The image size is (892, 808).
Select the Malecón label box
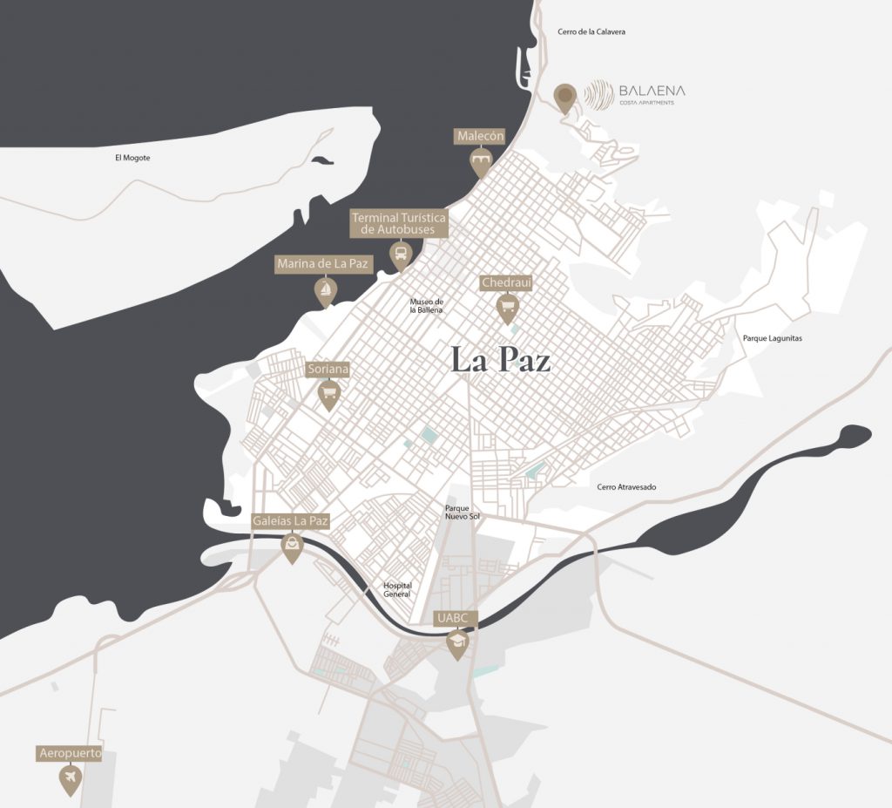(x=480, y=137)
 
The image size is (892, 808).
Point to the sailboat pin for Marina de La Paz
(x=325, y=290)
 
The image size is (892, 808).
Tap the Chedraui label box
(x=506, y=282)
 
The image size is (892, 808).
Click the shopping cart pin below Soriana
(x=328, y=396)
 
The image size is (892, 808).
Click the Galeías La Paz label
(x=290, y=521)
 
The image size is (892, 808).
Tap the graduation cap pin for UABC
(x=456, y=643)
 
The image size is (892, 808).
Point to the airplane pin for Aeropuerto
(x=70, y=777)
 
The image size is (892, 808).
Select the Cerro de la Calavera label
(x=591, y=31)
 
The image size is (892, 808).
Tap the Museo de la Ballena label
(x=427, y=306)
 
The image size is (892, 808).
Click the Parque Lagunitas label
(x=772, y=338)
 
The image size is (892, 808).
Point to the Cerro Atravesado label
(x=626, y=487)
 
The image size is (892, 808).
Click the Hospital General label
(x=397, y=590)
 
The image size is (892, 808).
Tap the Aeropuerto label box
(x=70, y=752)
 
